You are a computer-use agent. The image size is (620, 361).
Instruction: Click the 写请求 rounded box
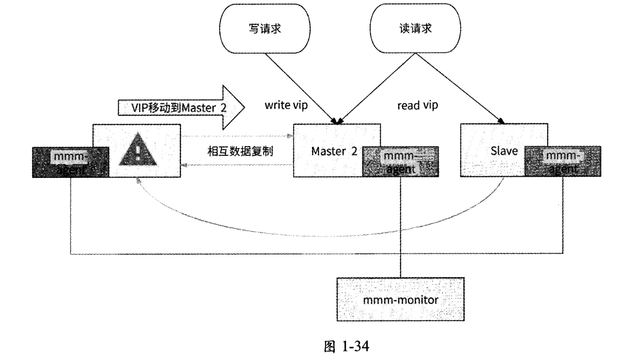[262, 29]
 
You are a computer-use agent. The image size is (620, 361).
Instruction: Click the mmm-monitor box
[400, 299]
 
